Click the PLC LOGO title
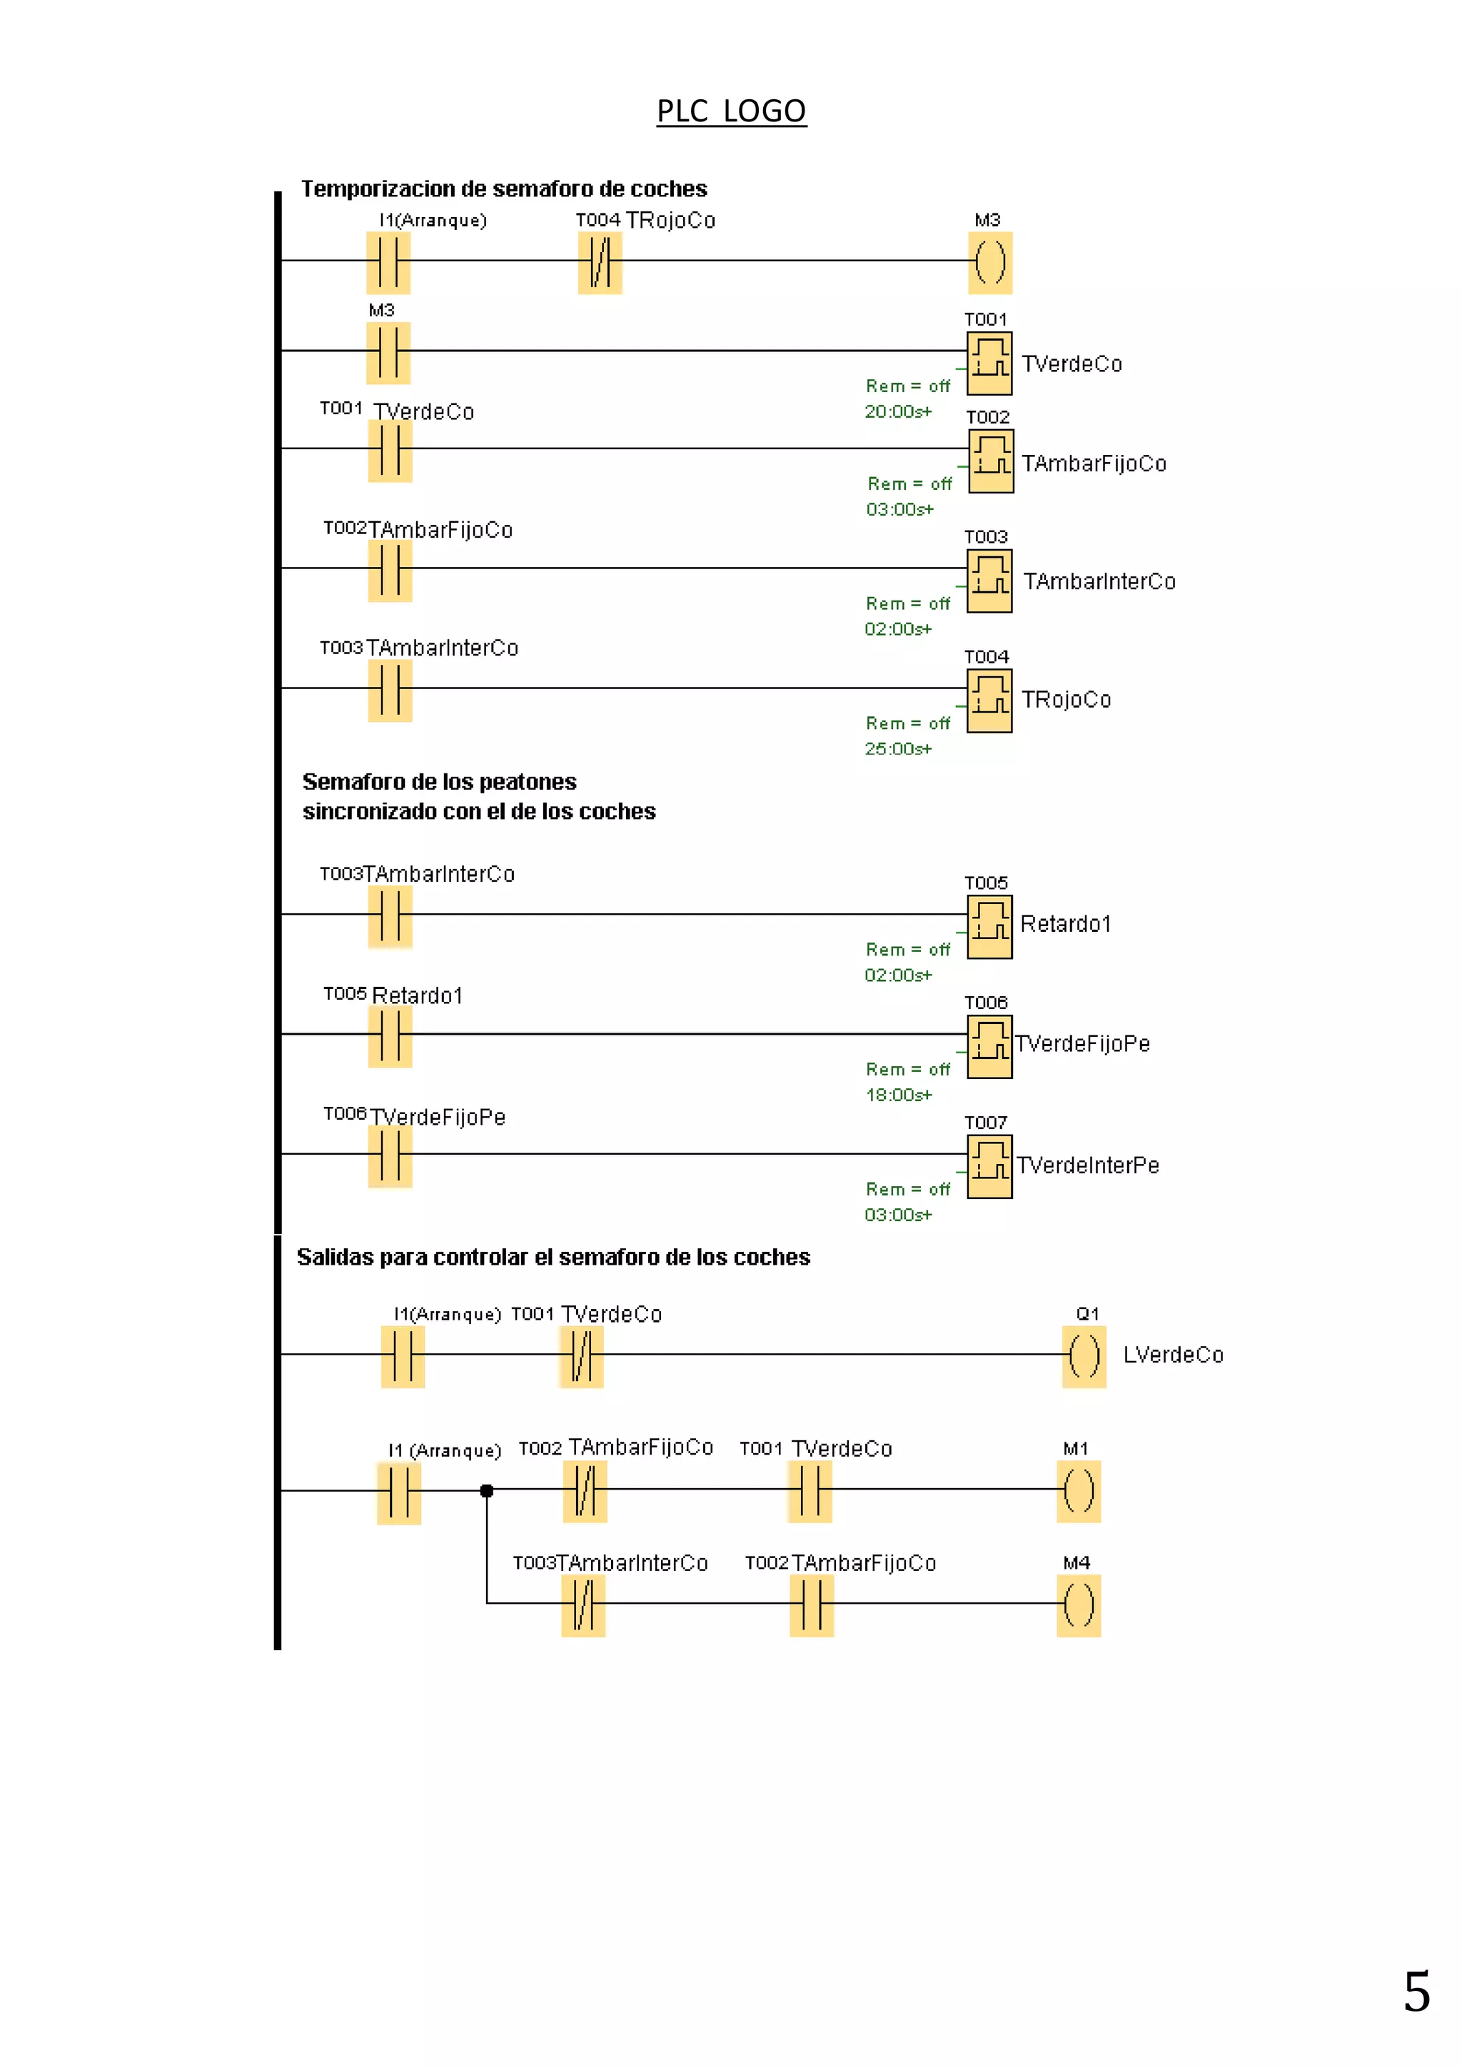click(x=731, y=111)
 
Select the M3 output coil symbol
click(x=990, y=263)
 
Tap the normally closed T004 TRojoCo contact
click(x=600, y=263)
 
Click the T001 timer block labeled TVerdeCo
click(x=989, y=363)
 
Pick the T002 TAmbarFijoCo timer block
click(x=991, y=461)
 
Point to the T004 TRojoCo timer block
click(x=989, y=701)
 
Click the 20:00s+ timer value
click(x=897, y=411)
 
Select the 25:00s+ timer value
click(x=897, y=748)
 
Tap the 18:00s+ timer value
click(x=899, y=1095)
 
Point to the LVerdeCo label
click(x=1173, y=1355)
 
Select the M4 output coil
click(x=1079, y=1606)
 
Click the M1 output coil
click(x=1079, y=1492)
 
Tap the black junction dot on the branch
click(x=487, y=1490)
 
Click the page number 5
click(x=1417, y=1992)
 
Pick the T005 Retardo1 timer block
click(x=989, y=927)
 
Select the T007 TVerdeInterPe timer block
click(x=989, y=1166)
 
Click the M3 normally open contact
click(x=388, y=353)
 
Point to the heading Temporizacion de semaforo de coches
click(x=504, y=189)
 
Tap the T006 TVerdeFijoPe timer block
click(x=989, y=1047)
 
